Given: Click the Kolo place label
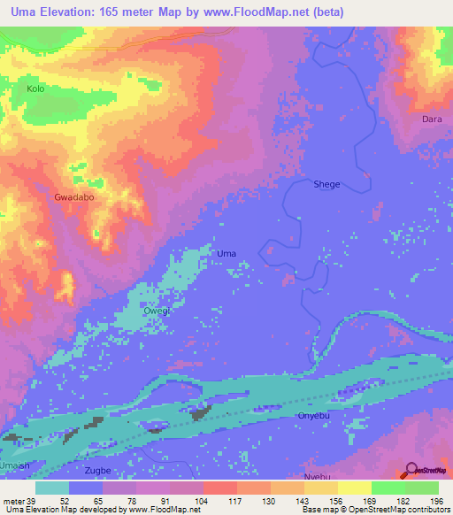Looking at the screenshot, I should click(x=35, y=89).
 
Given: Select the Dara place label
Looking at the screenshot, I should click(x=432, y=119).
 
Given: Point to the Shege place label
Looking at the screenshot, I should click(x=326, y=184).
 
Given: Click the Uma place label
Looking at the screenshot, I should click(x=226, y=254).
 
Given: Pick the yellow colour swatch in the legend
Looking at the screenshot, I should click(x=354, y=488).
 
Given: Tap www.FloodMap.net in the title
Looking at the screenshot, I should click(x=258, y=12).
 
